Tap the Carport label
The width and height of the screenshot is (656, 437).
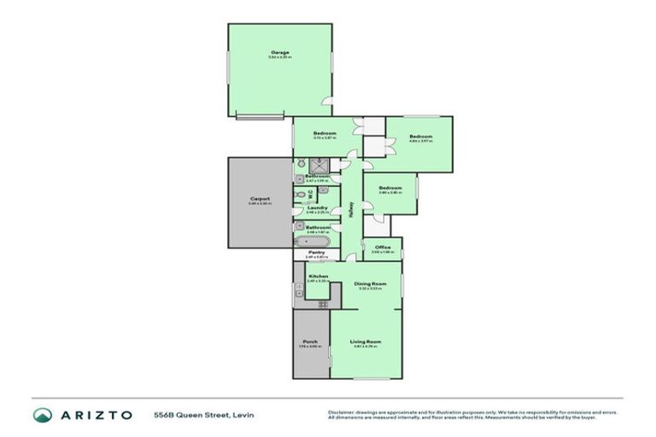260,199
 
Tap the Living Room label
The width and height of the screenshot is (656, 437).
365,341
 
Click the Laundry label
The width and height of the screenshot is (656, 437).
318,207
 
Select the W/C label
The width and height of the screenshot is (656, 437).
309,194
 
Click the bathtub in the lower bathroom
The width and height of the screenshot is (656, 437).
313,242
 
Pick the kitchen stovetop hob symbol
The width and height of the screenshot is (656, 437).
323,304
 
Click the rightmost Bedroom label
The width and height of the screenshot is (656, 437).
420,137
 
